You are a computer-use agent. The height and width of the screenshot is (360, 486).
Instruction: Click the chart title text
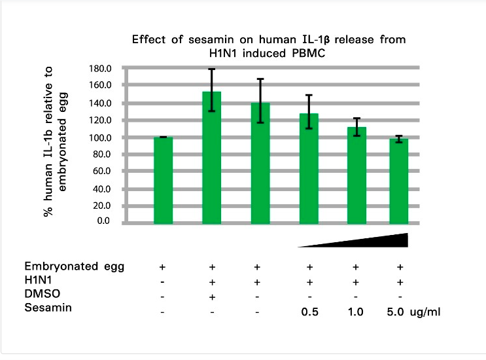tap(268, 46)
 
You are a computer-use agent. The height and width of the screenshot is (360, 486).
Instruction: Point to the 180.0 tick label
tap(100, 68)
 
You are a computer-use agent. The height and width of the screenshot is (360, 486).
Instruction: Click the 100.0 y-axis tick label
tap(100, 137)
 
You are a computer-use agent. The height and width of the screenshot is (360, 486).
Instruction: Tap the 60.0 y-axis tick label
tap(102, 171)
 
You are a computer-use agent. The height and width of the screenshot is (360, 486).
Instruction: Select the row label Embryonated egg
tap(74, 267)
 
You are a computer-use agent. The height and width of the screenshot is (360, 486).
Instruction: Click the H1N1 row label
tap(37, 279)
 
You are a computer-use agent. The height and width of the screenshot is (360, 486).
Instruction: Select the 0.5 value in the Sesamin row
tap(309, 311)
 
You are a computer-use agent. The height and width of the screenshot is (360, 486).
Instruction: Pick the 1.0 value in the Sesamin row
tap(356, 311)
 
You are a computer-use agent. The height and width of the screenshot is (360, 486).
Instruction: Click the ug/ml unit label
tap(425, 311)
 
